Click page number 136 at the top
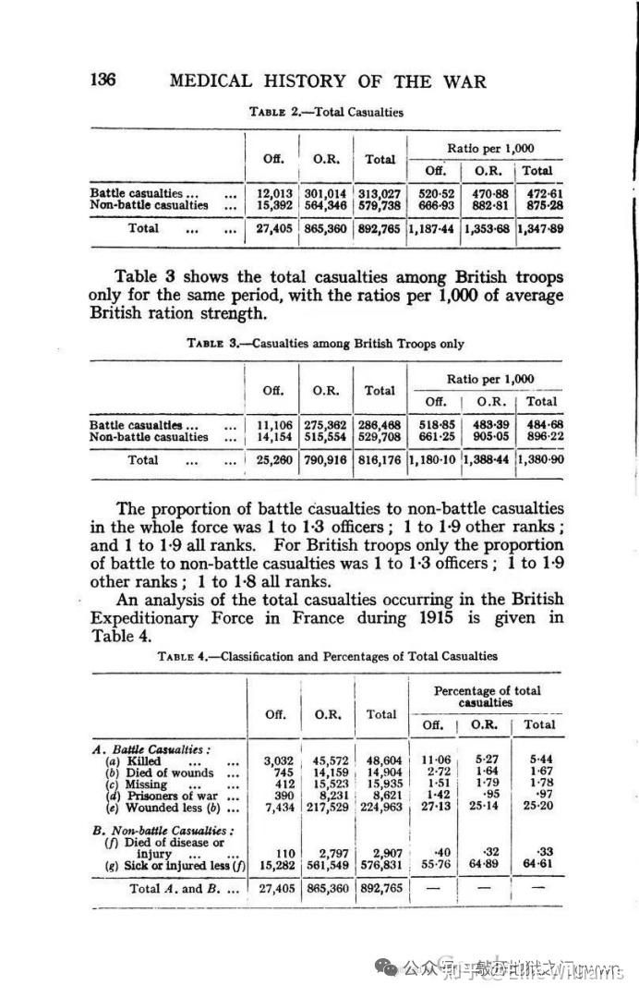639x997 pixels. (x=102, y=80)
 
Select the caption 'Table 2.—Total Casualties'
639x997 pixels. (x=327, y=113)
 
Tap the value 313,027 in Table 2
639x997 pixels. (x=380, y=193)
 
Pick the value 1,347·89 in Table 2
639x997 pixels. (x=538, y=228)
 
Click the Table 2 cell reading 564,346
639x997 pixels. (x=325, y=205)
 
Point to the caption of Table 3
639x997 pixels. (x=325, y=344)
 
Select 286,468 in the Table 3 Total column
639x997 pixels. (x=380, y=425)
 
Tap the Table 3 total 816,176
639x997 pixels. (x=380, y=460)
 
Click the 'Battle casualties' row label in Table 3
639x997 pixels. (x=135, y=425)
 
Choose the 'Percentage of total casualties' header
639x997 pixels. (x=488, y=697)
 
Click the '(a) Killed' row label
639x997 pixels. (x=137, y=760)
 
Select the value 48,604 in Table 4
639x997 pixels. (x=380, y=760)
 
